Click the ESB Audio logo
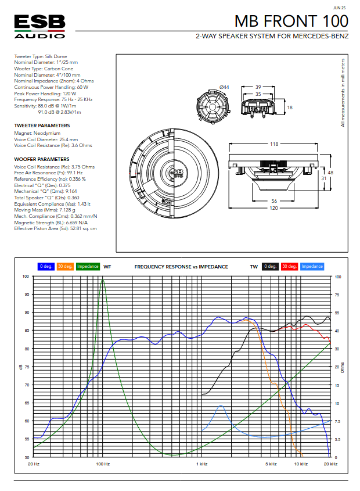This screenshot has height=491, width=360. point(39,27)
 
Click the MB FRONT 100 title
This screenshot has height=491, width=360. point(291,21)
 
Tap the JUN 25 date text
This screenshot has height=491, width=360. point(340,8)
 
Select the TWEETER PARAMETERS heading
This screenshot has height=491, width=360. point(42,126)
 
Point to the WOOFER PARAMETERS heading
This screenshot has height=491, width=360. point(41,159)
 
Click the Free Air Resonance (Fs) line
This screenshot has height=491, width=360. point(48,173)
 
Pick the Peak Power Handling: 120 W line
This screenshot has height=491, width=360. point(45,94)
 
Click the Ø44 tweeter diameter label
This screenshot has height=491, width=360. point(224,87)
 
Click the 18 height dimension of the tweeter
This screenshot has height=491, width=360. point(290,107)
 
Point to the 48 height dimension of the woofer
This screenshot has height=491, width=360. point(330,173)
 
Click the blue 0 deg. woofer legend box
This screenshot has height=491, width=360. point(46,266)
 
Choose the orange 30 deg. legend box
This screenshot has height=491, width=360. point(66,266)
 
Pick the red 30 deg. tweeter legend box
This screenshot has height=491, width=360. point(289,266)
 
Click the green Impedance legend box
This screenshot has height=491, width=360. point(88,266)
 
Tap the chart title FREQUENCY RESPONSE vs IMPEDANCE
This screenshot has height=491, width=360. point(181,267)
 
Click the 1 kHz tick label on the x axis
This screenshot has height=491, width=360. point(202,464)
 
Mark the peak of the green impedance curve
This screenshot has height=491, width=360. point(103,279)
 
